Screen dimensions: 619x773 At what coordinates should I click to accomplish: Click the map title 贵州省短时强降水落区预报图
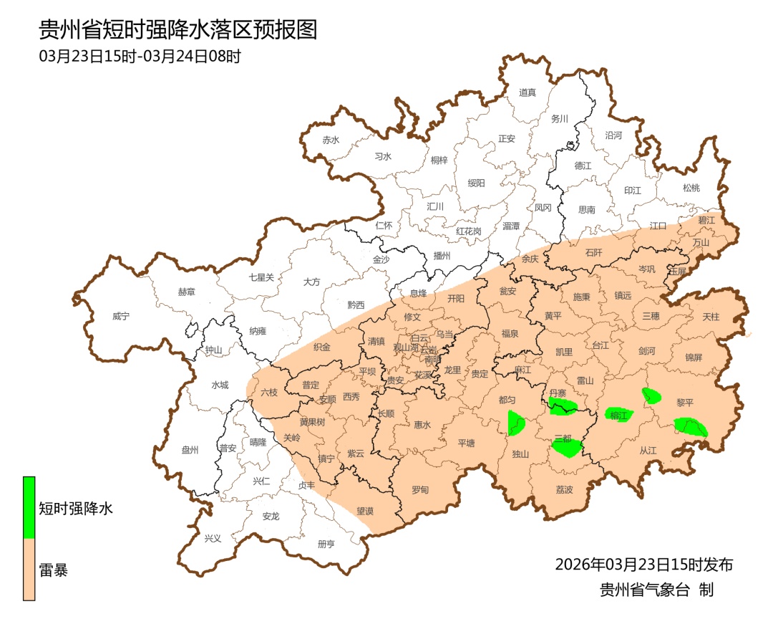click(x=178, y=29)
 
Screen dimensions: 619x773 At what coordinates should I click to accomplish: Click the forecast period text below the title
click(x=140, y=57)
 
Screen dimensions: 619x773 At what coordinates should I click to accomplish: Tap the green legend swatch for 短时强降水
click(x=29, y=507)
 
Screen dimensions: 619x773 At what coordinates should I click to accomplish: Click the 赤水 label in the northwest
click(x=330, y=140)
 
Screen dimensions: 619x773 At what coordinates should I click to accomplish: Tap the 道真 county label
click(x=528, y=92)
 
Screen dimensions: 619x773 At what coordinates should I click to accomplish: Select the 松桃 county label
click(x=691, y=188)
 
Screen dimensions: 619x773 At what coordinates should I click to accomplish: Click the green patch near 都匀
click(x=516, y=423)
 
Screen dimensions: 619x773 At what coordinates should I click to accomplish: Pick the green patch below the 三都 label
click(x=568, y=449)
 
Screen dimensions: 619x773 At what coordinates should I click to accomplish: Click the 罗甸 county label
click(x=419, y=490)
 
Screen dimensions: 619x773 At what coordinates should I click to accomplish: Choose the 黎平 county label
click(x=685, y=403)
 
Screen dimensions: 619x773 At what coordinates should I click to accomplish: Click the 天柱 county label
click(x=711, y=316)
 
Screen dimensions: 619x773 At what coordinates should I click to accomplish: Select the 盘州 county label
click(x=190, y=450)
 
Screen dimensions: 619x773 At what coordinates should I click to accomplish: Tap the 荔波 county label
click(x=564, y=490)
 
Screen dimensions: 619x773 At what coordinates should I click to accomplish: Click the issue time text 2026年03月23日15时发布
click(x=643, y=564)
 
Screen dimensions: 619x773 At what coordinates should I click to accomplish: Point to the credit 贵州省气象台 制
click(x=656, y=590)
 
